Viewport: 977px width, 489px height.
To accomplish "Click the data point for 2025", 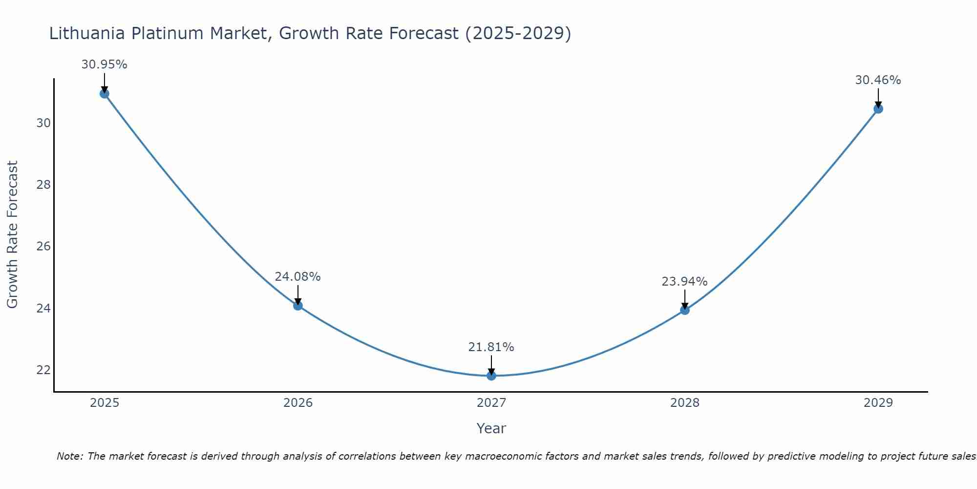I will [x=104, y=93].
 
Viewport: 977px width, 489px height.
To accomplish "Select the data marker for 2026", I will [x=298, y=306].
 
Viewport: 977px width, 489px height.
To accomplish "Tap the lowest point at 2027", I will [x=491, y=376].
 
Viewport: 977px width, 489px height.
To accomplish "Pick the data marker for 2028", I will [x=685, y=310].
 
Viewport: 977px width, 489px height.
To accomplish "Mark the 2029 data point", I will [x=878, y=109].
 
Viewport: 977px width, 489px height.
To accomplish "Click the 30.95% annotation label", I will [x=104, y=65].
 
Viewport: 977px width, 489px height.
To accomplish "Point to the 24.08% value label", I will [x=297, y=277].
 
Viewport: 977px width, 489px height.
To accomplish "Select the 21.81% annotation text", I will [x=491, y=347].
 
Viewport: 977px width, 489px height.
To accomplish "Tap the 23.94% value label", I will [x=684, y=282].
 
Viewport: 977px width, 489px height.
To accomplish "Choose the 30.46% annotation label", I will [x=878, y=80].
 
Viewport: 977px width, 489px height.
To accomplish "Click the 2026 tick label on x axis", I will [x=298, y=403].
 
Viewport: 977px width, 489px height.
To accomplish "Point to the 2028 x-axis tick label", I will [x=685, y=403].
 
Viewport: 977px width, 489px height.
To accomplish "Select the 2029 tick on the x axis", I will [x=878, y=403].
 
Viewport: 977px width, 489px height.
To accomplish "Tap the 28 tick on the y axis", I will [x=43, y=185].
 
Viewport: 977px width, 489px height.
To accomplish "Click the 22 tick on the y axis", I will [x=43, y=370].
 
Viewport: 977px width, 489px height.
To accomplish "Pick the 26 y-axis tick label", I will [x=43, y=246].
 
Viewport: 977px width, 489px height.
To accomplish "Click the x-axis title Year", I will [x=491, y=428].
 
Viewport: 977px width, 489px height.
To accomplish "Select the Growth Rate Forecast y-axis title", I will [x=12, y=235].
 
